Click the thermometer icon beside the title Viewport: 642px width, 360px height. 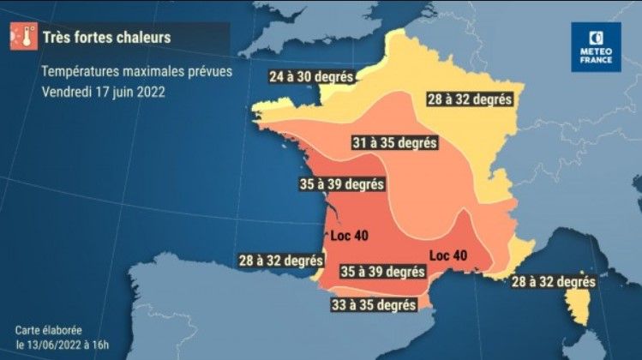point(22,37)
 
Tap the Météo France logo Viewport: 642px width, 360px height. point(596,46)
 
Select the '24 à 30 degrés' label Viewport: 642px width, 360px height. point(310,75)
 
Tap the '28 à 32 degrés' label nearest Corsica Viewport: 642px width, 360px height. point(554,281)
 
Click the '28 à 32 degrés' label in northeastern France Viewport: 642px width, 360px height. point(469,99)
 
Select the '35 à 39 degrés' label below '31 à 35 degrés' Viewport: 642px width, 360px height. point(341,183)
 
